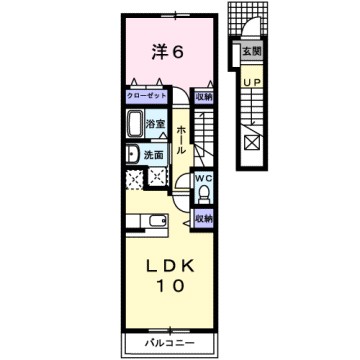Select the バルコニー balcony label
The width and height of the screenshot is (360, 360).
point(168,342)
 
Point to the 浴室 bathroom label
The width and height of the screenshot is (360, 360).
point(156,125)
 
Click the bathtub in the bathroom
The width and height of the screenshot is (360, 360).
point(135,127)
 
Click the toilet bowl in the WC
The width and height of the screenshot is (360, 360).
point(204,195)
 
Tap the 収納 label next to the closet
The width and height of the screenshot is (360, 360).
point(204,97)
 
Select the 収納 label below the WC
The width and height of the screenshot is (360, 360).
point(204,218)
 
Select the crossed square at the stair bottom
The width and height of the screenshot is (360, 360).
point(248,144)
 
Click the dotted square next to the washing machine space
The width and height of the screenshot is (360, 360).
point(156,177)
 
